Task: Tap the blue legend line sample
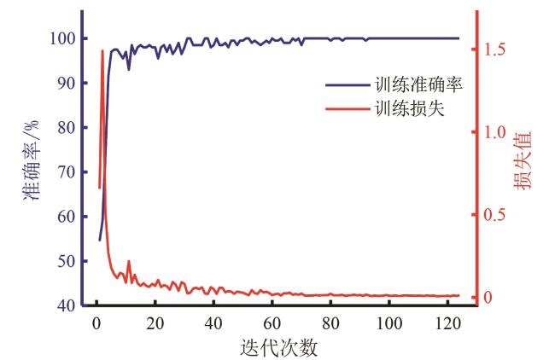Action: click(x=346, y=85)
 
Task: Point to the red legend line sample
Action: click(x=346, y=109)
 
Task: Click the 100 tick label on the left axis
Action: click(x=61, y=39)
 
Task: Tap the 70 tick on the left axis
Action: click(x=65, y=172)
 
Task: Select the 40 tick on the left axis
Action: click(x=65, y=305)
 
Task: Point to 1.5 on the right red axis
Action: click(x=496, y=49)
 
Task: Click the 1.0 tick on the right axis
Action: click(x=496, y=132)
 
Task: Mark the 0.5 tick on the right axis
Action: click(x=496, y=215)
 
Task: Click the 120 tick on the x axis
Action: click(x=448, y=324)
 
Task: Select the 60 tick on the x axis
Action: click(x=272, y=324)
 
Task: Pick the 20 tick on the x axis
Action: click(x=155, y=324)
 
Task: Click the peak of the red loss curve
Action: click(x=102, y=50)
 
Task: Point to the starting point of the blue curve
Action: click(x=99, y=240)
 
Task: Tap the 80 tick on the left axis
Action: click(x=65, y=128)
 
